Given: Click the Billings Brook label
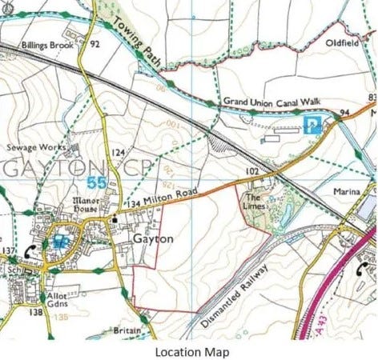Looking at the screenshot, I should coord(46,46).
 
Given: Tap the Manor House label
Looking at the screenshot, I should coord(85,204).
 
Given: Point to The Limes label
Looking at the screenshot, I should coord(254,202).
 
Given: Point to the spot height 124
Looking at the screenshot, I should coord(117,152).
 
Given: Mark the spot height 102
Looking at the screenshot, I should coord(253,171).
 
